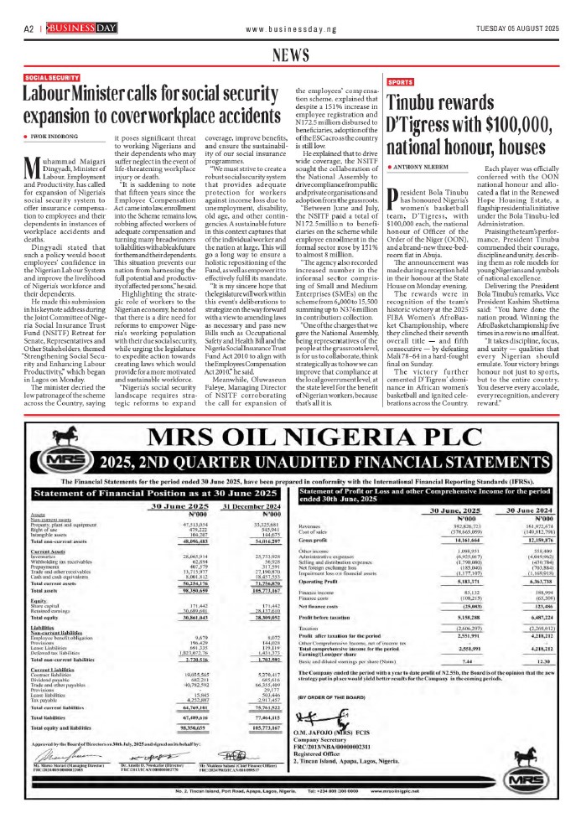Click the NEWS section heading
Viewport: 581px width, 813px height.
(290, 55)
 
